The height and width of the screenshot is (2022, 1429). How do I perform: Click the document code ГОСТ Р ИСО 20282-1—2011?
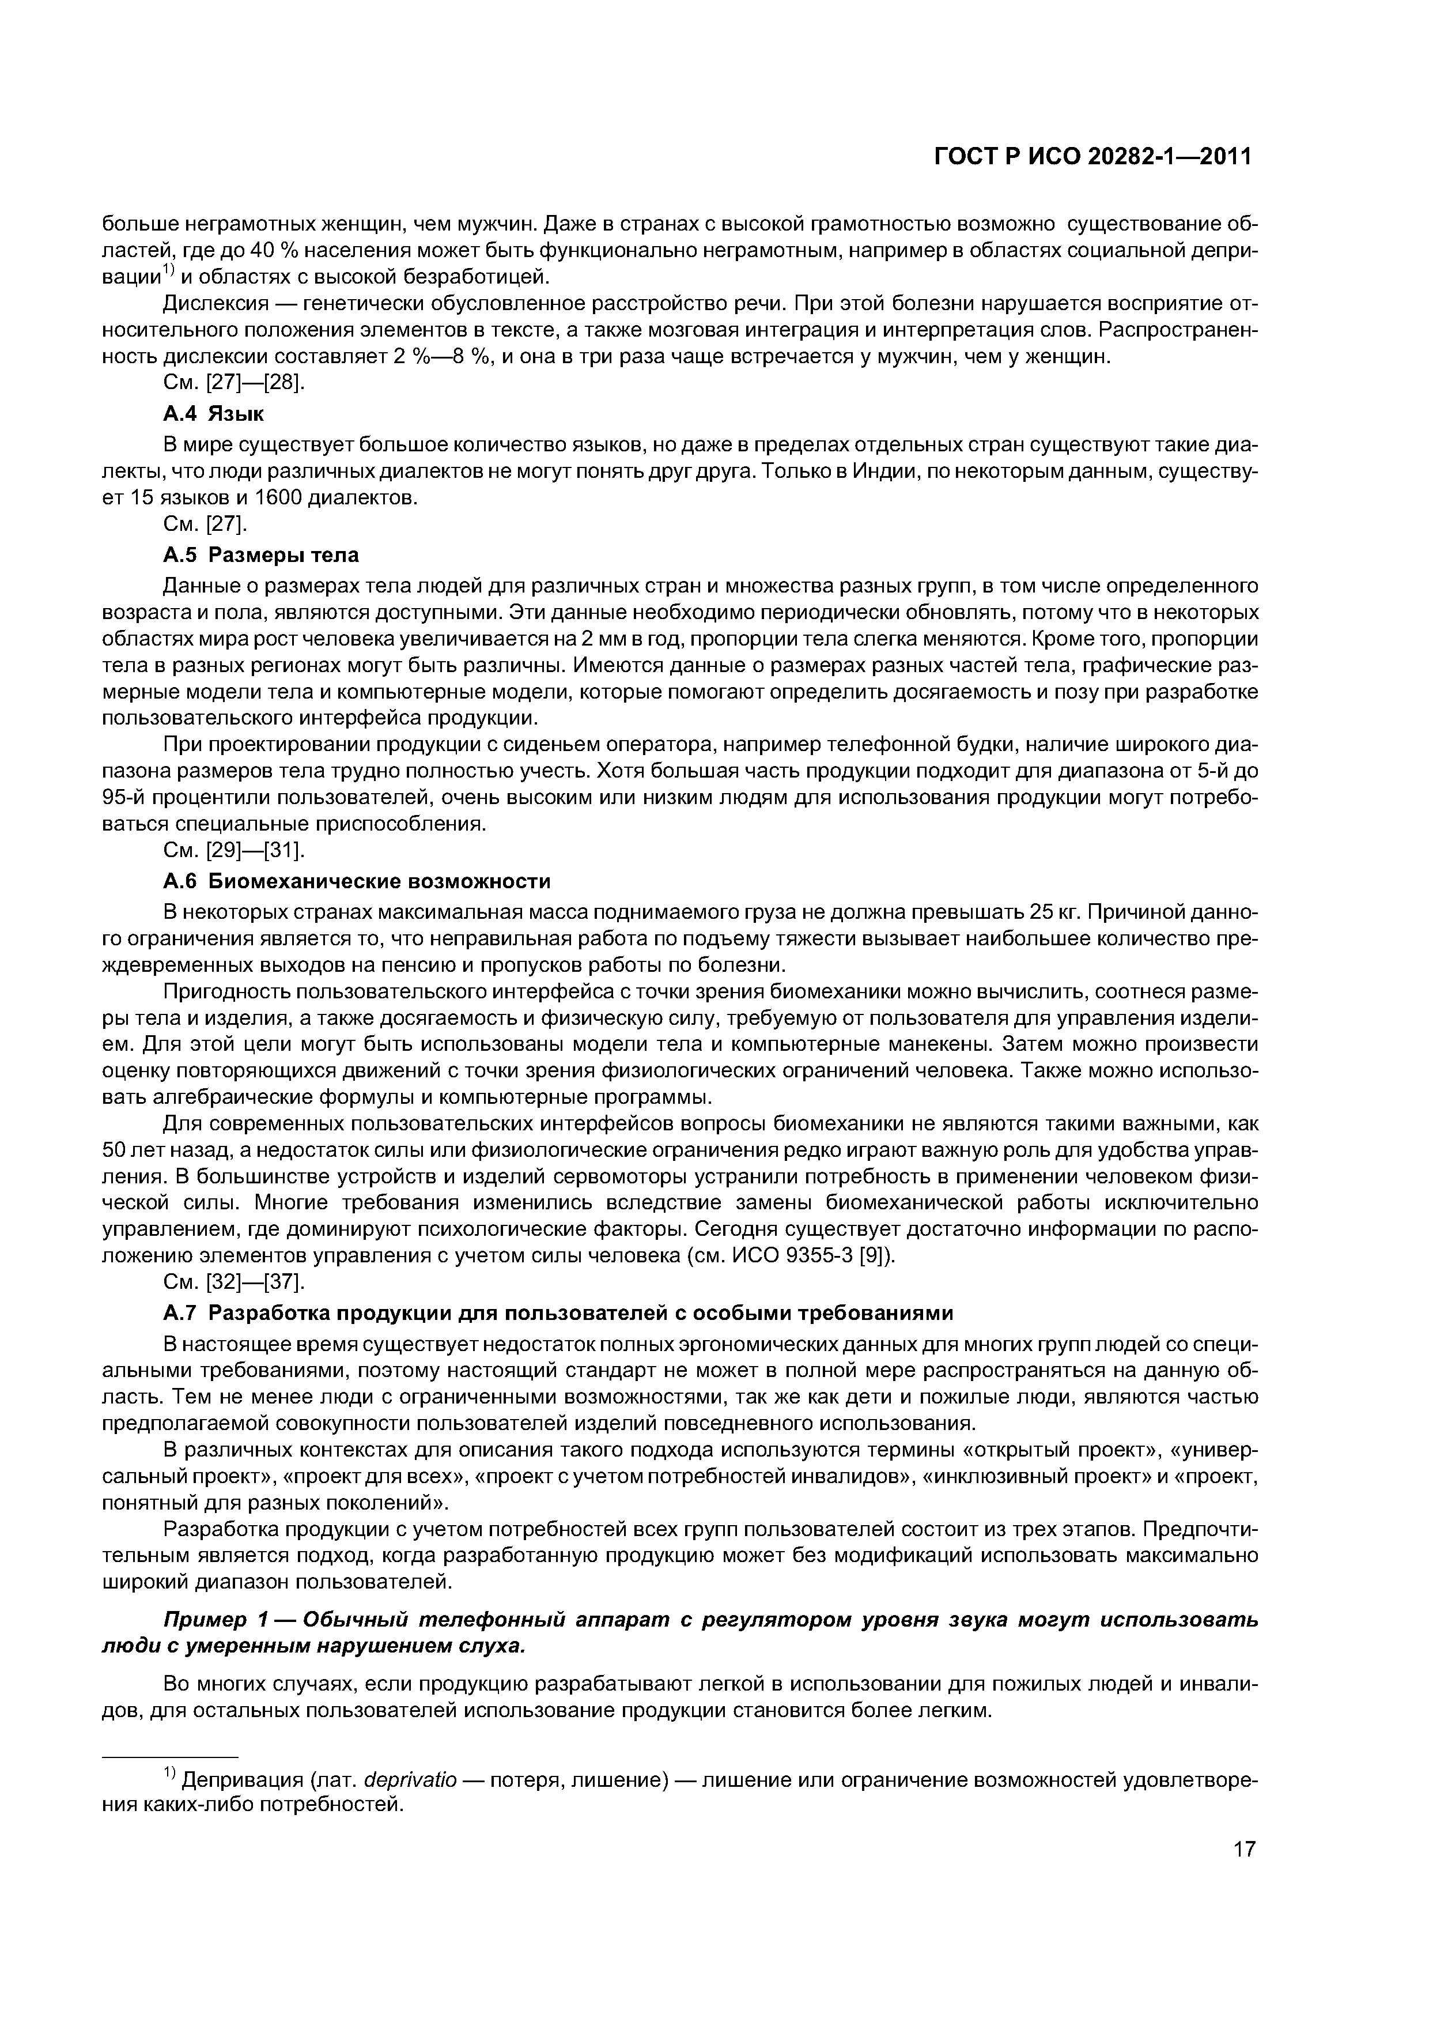[x=1092, y=157]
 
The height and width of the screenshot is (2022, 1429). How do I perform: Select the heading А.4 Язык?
[x=214, y=413]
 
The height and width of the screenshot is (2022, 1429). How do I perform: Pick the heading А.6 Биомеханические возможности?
[x=357, y=881]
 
